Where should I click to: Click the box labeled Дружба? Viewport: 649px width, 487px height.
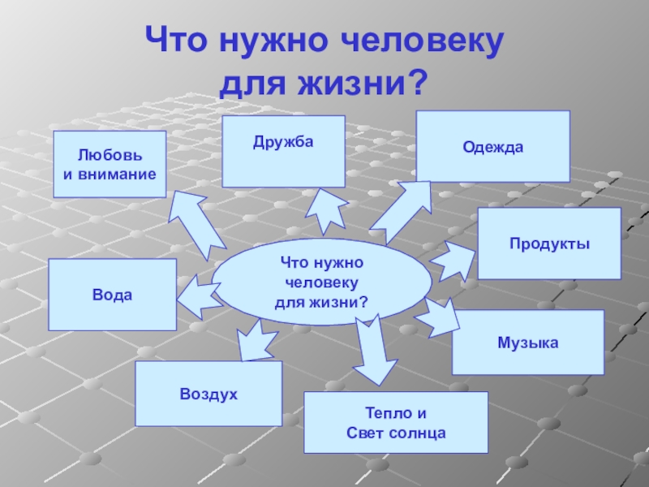click(283, 151)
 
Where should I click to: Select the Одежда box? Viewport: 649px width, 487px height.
click(492, 146)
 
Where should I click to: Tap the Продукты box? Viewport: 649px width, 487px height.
click(549, 243)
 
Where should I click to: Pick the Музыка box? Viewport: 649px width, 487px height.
click(528, 342)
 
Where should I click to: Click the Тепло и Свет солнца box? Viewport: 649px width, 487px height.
click(396, 422)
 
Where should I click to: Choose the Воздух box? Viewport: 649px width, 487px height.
click(208, 394)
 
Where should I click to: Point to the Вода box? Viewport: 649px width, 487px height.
click(112, 295)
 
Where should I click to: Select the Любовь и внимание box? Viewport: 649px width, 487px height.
click(110, 164)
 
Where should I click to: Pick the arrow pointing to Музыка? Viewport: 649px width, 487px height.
click(439, 317)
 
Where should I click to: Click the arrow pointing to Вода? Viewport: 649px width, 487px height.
click(196, 295)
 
